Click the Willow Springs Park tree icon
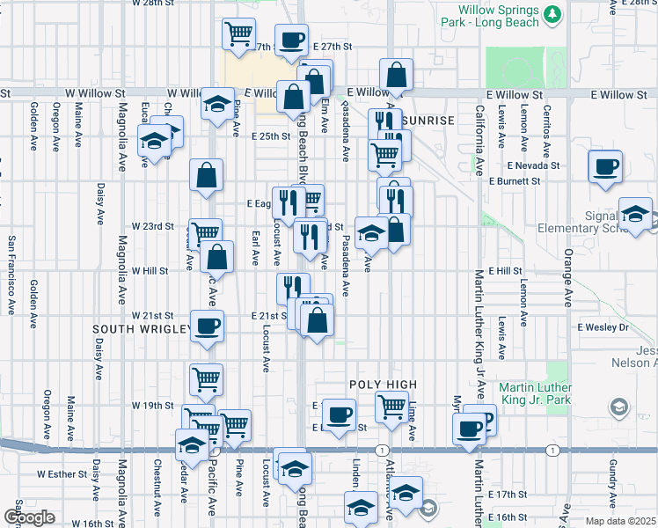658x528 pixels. click(552, 14)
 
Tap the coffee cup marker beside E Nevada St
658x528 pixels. click(605, 165)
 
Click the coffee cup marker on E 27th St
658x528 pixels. click(293, 40)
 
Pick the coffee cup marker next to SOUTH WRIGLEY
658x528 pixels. click(208, 326)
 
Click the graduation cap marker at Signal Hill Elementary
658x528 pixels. click(634, 213)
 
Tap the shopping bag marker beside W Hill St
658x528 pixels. click(216, 257)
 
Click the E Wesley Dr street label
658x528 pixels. click(603, 327)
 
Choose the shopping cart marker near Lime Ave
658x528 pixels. click(391, 406)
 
